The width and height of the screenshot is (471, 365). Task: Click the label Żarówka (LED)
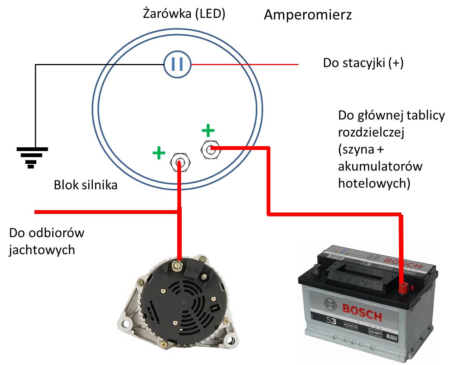184,14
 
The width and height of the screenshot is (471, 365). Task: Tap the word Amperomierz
307,15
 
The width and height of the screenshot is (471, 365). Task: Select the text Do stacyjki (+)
363,62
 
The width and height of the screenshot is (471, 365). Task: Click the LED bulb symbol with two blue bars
177,64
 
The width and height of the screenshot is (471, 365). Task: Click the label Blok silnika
86,185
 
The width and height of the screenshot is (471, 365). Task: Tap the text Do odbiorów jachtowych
46,241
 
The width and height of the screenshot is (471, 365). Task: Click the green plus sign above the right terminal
208,131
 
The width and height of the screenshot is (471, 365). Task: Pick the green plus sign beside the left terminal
159,153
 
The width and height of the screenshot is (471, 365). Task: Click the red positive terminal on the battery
403,289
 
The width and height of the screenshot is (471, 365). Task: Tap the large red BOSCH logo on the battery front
362,312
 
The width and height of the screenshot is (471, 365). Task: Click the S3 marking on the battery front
331,321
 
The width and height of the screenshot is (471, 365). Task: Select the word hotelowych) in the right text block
374,183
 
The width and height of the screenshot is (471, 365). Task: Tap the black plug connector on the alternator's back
214,307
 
